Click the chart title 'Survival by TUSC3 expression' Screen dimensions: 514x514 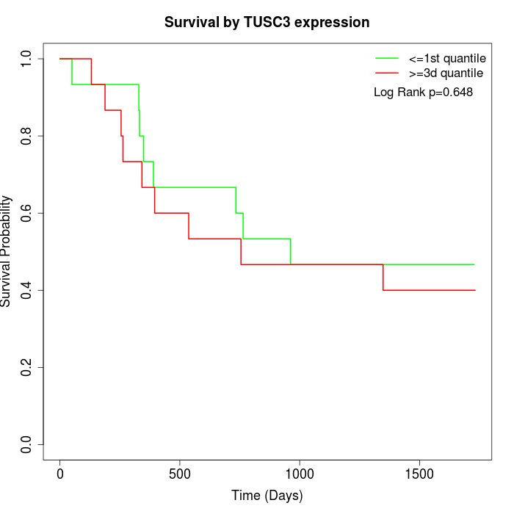pos(267,22)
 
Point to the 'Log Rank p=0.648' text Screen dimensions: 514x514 pos(423,92)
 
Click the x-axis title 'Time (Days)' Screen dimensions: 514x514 pos(267,496)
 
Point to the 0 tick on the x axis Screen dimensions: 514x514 pos(60,474)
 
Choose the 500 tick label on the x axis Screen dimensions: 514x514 pos(180,474)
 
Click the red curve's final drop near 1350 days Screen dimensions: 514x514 pos(383,278)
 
